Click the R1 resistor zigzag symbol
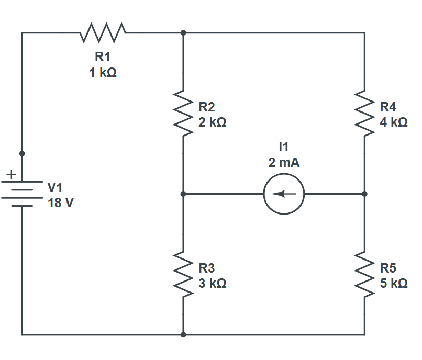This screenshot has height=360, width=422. [103, 32]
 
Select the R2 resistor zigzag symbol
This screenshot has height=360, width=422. [183, 113]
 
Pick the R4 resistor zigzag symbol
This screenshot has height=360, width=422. [364, 113]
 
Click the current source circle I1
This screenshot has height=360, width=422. [284, 194]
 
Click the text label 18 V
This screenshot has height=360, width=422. [61, 203]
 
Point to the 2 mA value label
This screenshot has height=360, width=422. [284, 163]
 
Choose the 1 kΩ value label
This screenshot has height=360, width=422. [103, 73]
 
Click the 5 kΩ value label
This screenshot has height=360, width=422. [394, 283]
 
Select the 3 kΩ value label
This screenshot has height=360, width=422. [213, 283]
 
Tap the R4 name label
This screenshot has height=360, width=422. [388, 107]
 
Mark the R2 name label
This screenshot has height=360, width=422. [207, 107]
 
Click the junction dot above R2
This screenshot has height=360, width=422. [183, 32]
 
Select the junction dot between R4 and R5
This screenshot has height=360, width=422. [364, 194]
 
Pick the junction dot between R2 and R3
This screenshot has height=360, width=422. [183, 194]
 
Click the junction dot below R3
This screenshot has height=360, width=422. [183, 334]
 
